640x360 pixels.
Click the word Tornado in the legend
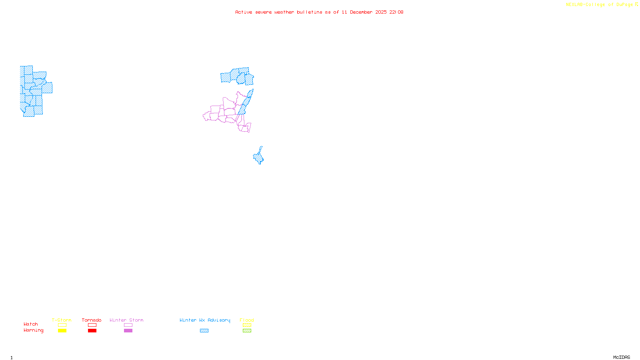pyautogui.click(x=92, y=320)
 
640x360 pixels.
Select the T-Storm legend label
pyautogui.click(x=62, y=320)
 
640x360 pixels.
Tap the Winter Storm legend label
pyautogui.click(x=126, y=320)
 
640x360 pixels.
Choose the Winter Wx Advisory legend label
pyautogui.click(x=205, y=320)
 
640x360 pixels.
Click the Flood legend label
pyautogui.click(x=247, y=320)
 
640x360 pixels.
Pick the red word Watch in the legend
pyautogui.click(x=31, y=324)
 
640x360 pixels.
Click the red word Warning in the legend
pyautogui.click(x=34, y=330)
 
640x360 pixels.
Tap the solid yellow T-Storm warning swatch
pyautogui.click(x=62, y=331)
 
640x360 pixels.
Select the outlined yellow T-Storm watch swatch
pyautogui.click(x=62, y=325)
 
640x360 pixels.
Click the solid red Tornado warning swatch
pyautogui.click(x=92, y=331)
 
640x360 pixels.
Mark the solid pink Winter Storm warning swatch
pyautogui.click(x=128, y=331)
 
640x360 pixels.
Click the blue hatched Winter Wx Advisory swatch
pyautogui.click(x=204, y=331)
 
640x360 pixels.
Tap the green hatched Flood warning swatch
pyautogui.click(x=247, y=331)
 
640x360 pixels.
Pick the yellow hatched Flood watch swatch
pyautogui.click(x=247, y=325)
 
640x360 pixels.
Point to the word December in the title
pyautogui.click(x=361, y=12)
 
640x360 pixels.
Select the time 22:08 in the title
pyautogui.click(x=396, y=12)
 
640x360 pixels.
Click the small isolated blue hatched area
pyautogui.click(x=259, y=157)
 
